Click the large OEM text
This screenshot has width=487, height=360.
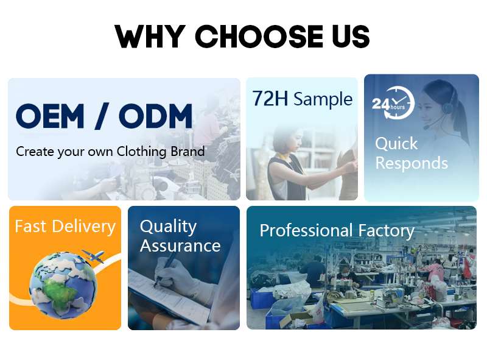[x=50, y=116]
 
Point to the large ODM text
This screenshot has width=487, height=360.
[x=155, y=116]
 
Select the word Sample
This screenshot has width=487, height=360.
[x=323, y=99]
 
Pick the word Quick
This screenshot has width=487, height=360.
[x=396, y=144]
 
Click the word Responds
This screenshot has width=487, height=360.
[x=412, y=163]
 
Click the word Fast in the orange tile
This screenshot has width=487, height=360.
[x=30, y=227]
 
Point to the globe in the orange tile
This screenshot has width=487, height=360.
[x=63, y=284]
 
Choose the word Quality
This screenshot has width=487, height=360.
[x=168, y=227]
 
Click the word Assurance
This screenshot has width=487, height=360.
[x=180, y=246]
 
